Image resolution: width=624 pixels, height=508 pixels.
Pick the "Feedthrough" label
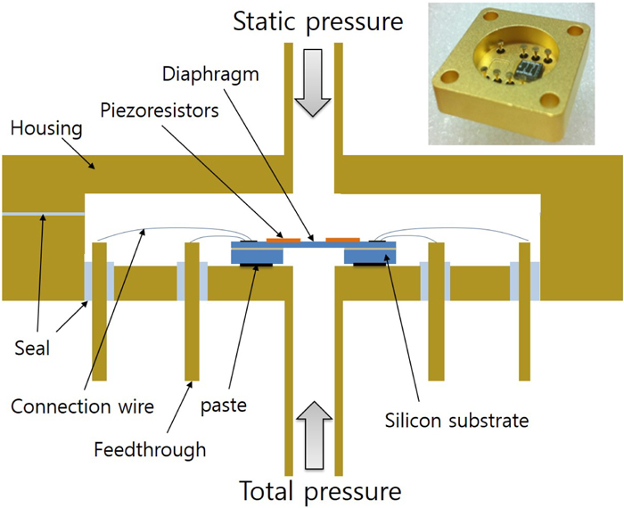(149, 450)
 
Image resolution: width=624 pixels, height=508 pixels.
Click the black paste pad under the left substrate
(260, 265)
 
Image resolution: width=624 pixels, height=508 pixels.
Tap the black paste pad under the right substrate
(369, 265)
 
